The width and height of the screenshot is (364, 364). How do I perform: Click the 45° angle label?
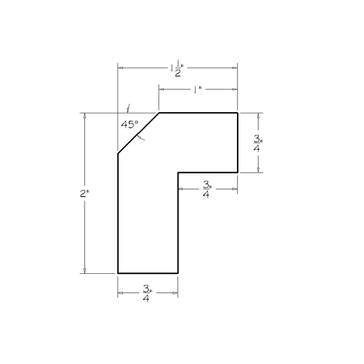[130, 125]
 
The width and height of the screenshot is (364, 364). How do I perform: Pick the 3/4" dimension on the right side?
[258, 143]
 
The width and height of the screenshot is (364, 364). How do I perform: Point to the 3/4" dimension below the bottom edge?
[148, 293]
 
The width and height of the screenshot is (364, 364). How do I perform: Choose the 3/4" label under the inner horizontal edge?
[208, 187]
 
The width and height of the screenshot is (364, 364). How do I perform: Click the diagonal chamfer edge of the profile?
[139, 133]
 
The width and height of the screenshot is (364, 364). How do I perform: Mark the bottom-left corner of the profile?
[118, 273]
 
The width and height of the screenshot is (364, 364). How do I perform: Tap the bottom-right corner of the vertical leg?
[178, 273]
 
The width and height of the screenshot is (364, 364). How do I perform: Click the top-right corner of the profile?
[238, 113]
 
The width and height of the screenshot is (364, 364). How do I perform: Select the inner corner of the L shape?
[178, 172]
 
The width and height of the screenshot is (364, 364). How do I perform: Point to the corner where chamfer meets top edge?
[159, 113]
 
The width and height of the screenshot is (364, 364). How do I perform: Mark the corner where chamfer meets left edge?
[118, 154]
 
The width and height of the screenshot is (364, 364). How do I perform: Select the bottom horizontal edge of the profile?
[148, 273]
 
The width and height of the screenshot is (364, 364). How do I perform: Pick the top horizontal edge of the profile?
[198, 113]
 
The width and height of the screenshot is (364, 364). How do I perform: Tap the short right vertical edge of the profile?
[238, 142]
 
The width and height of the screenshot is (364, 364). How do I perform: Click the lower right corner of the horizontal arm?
[238, 172]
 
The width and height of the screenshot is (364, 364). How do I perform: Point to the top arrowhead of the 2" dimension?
[85, 117]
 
